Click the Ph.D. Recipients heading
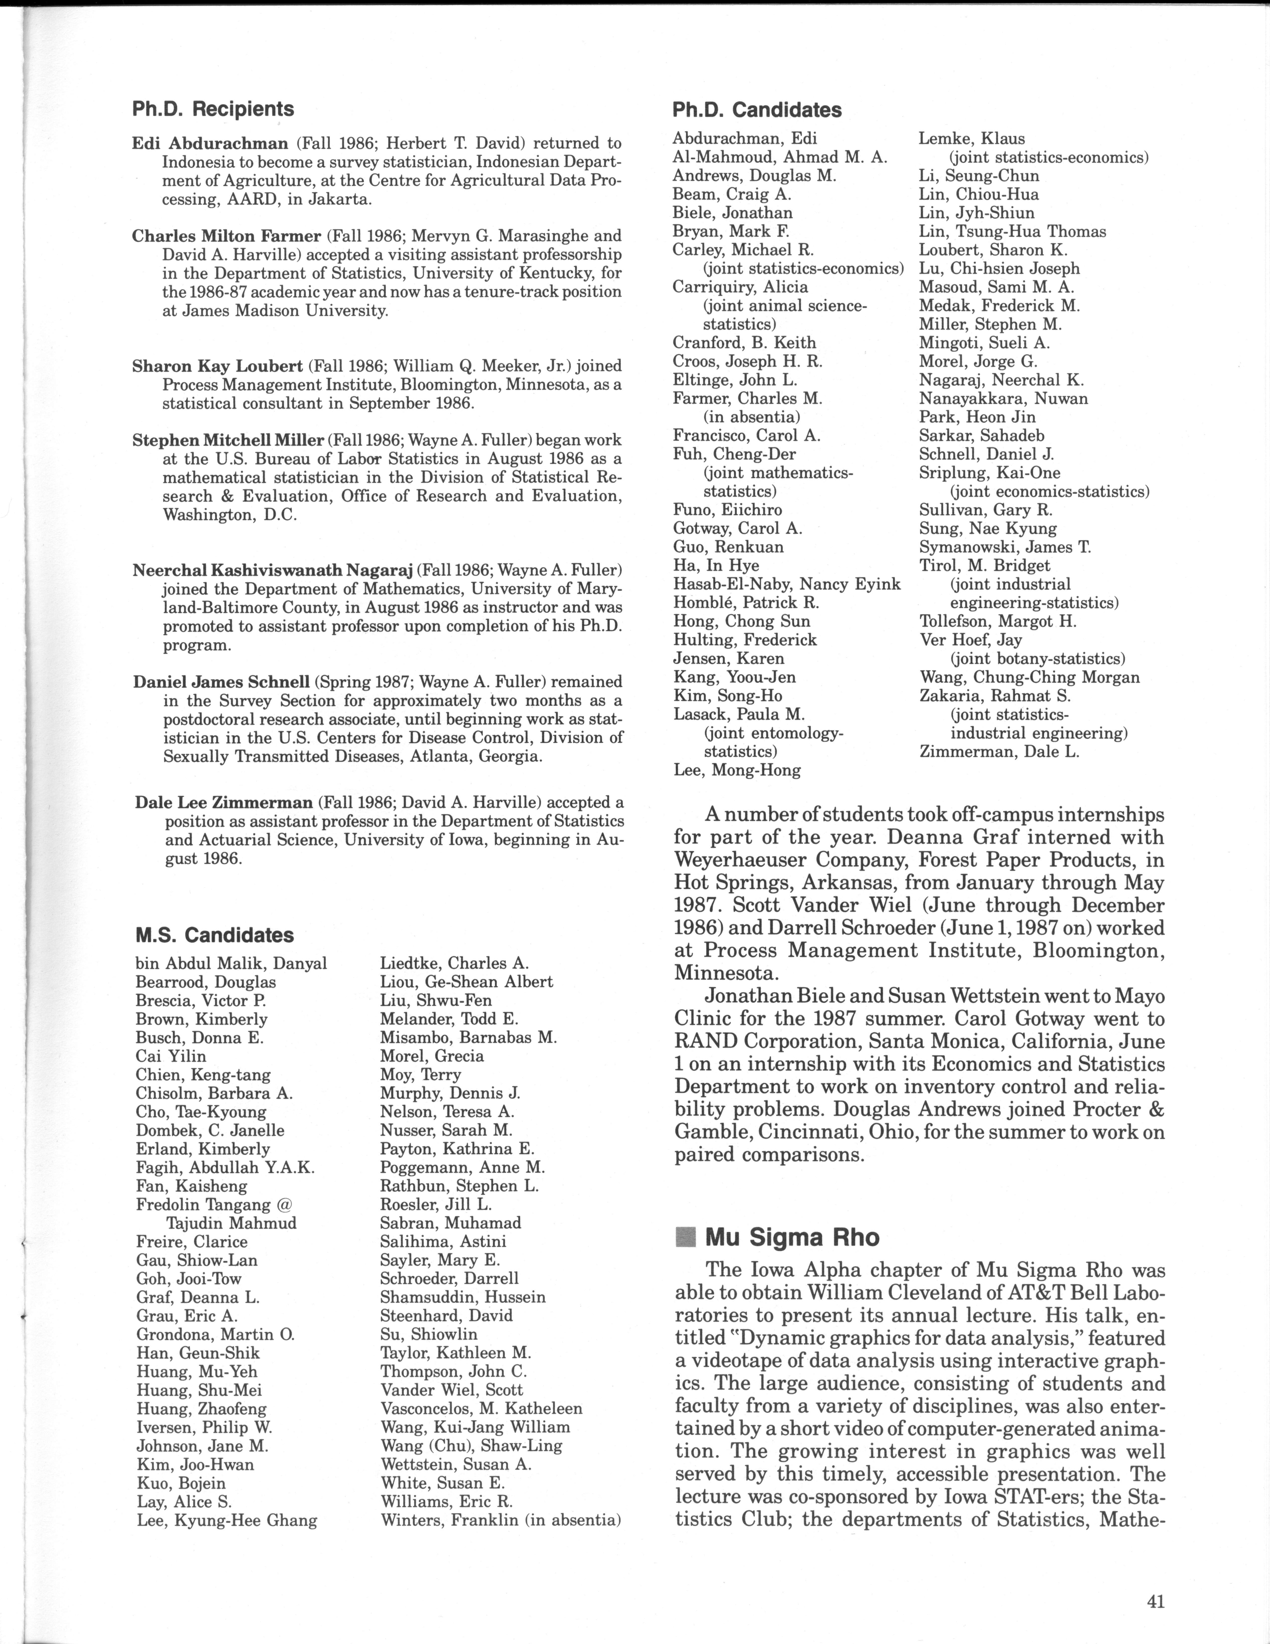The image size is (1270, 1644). [x=213, y=109]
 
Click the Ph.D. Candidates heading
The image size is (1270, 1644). [x=757, y=110]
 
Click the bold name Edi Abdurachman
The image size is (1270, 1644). [x=210, y=143]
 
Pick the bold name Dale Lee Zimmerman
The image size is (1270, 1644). [x=223, y=802]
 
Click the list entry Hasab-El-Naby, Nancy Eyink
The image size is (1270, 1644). [x=786, y=584]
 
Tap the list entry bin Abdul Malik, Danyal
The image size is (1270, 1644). [x=231, y=963]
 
